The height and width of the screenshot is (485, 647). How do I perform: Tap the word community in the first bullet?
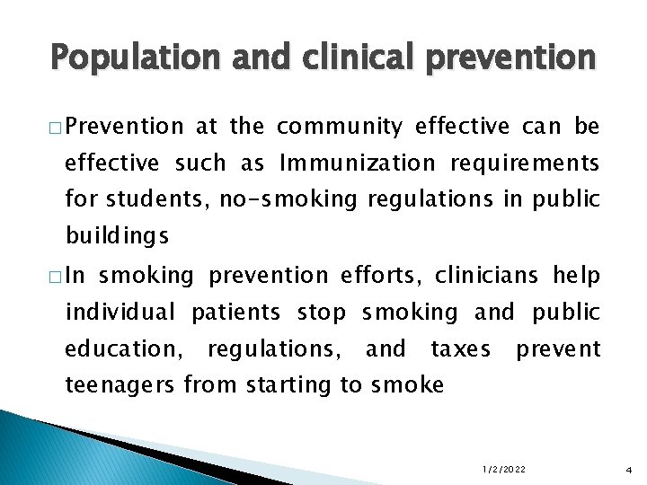tap(341, 127)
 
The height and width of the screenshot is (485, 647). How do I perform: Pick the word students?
tap(160, 200)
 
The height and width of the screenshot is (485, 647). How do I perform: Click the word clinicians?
tap(492, 275)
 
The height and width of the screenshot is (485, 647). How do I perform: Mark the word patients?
tap(237, 312)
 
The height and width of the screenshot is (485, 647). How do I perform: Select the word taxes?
tap(460, 348)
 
